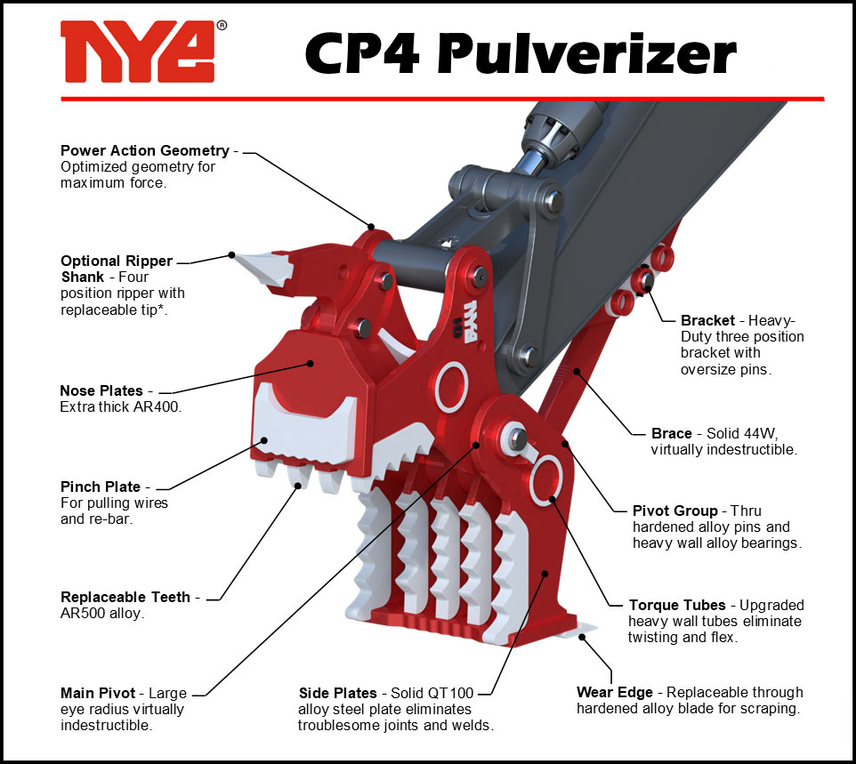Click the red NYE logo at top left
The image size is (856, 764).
tap(138, 52)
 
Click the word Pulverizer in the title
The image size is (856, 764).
tap(587, 52)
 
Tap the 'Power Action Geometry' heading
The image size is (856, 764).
tap(145, 150)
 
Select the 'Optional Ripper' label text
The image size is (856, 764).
tap(117, 261)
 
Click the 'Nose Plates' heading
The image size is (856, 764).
tap(101, 390)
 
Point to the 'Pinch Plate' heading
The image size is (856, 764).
tap(101, 487)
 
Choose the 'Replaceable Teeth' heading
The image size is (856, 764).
tap(125, 597)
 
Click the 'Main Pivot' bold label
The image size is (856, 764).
tap(98, 693)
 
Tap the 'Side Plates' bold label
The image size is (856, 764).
tap(338, 693)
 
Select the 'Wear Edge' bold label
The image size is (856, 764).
tap(615, 693)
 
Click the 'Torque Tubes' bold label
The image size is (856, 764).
tap(677, 605)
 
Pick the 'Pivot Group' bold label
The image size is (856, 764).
tap(674, 511)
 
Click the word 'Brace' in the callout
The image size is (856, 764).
tap(672, 433)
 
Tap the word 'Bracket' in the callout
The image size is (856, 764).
tap(707, 320)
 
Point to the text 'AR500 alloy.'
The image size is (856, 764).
tap(102, 614)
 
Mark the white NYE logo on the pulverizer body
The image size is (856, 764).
tap(470, 321)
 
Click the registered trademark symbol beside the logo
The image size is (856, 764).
tap(222, 25)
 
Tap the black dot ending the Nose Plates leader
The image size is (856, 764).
tap(310, 363)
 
